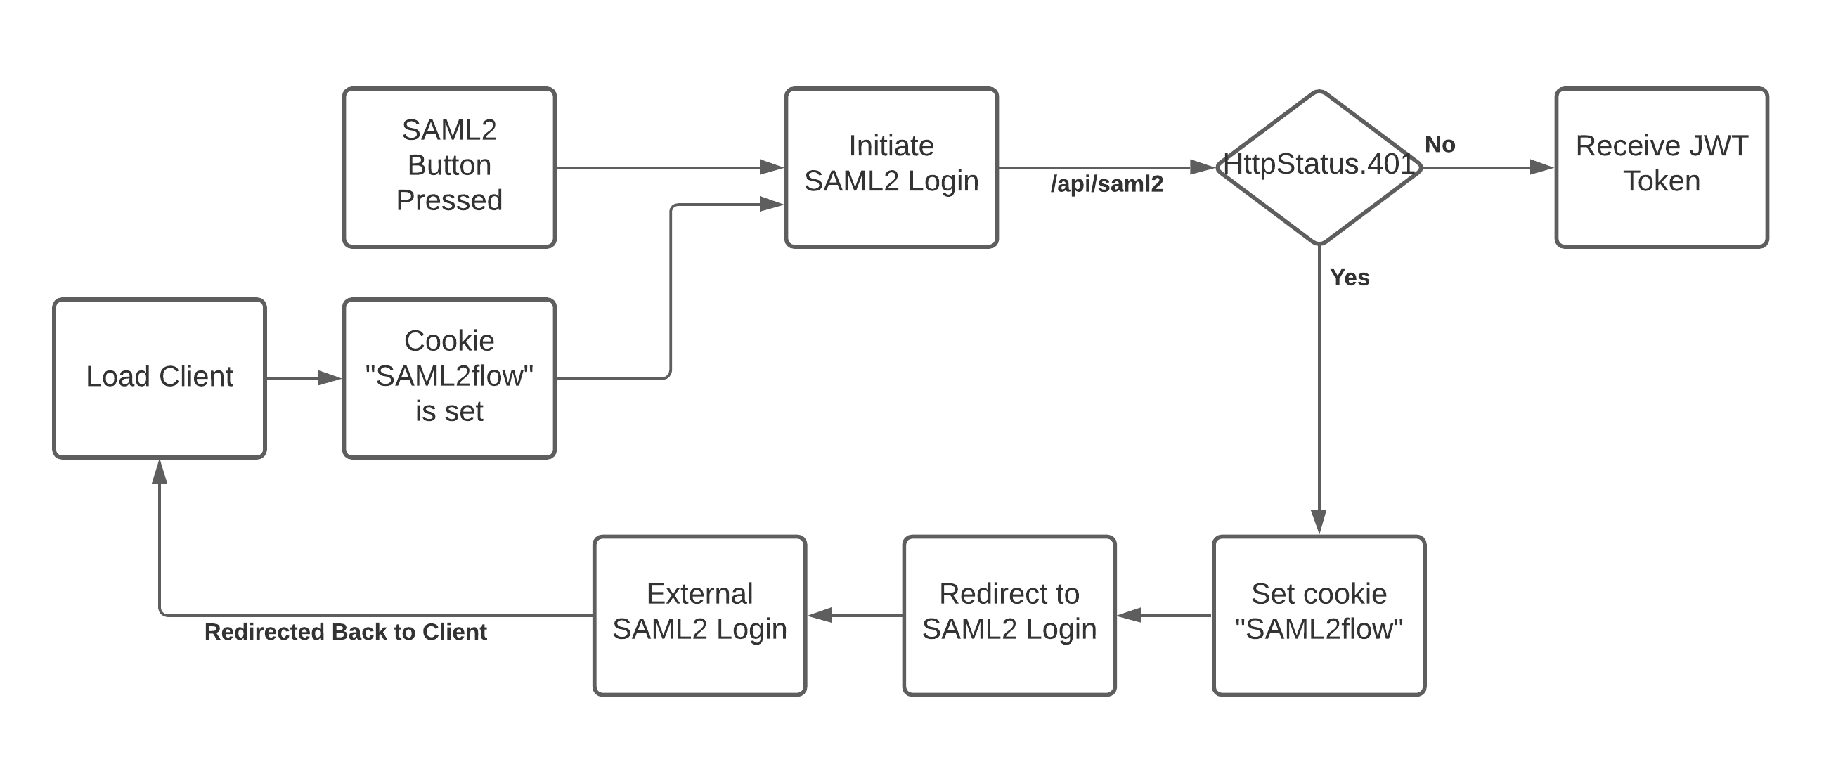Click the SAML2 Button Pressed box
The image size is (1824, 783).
click(449, 167)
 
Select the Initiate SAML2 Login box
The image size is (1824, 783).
click(891, 167)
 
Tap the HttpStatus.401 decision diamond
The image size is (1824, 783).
click(1319, 168)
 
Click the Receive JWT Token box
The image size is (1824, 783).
click(1661, 167)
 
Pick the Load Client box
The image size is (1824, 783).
click(160, 378)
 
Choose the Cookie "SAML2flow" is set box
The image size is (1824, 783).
click(449, 378)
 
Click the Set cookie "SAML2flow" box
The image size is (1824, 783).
click(1319, 615)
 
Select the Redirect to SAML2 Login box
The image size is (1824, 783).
click(1009, 615)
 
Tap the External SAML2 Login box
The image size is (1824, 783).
click(699, 615)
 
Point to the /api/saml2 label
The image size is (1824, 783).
click(1107, 184)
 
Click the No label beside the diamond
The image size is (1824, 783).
click(1440, 144)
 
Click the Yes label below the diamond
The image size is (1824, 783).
click(1350, 278)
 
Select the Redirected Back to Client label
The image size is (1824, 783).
click(346, 631)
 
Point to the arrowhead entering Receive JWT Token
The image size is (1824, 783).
click(1541, 167)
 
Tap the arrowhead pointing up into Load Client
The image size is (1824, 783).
click(160, 472)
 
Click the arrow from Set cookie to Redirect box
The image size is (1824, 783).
click(1164, 615)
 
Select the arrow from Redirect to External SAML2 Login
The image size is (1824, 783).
click(855, 615)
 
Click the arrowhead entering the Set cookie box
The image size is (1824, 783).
click(1319, 520)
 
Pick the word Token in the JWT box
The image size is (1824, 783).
click(1661, 182)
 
